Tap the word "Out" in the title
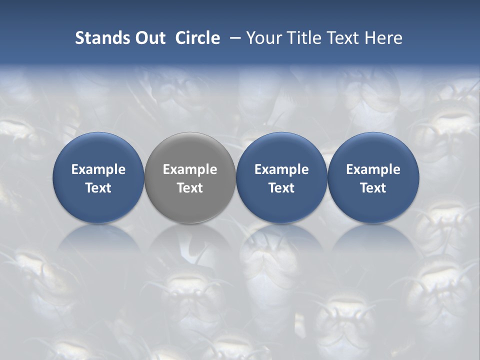[x=148, y=38]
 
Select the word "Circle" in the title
[x=197, y=38]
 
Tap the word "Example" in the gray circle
[x=190, y=169]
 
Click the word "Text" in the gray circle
[x=190, y=188]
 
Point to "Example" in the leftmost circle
[x=98, y=169]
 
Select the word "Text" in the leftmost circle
[x=98, y=188]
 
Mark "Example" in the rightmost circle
[x=373, y=169]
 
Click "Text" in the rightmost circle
[x=373, y=188]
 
